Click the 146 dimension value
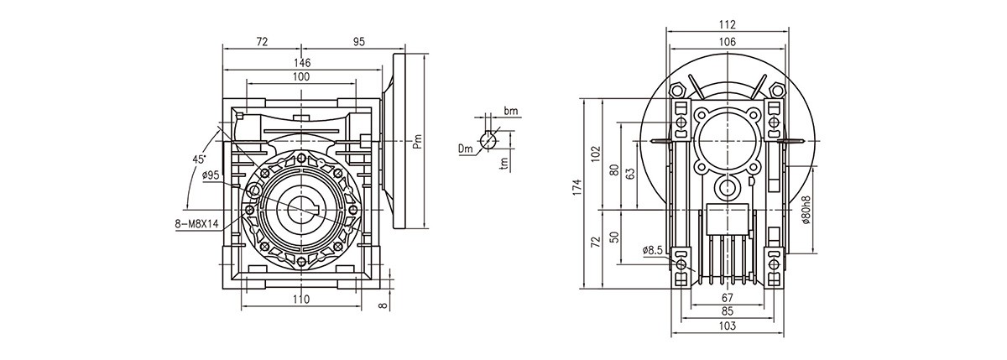302,63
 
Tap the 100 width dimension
301,77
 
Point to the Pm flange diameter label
417,143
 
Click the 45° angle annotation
198,159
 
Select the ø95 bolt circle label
211,175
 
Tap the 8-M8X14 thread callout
196,224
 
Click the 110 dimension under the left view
301,300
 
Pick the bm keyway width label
511,111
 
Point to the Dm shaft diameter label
466,149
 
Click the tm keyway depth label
503,164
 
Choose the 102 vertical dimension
596,153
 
